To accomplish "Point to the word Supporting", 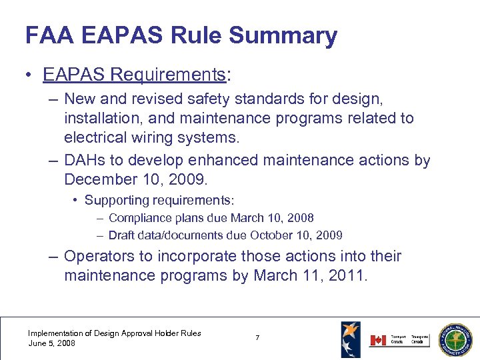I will pos(116,200).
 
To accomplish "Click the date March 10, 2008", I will pos(272,218).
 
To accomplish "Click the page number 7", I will pos(257,339).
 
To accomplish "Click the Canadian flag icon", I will pos(378,340).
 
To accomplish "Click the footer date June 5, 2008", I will pos(51,343).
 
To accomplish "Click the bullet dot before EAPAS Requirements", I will pos(31,75).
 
